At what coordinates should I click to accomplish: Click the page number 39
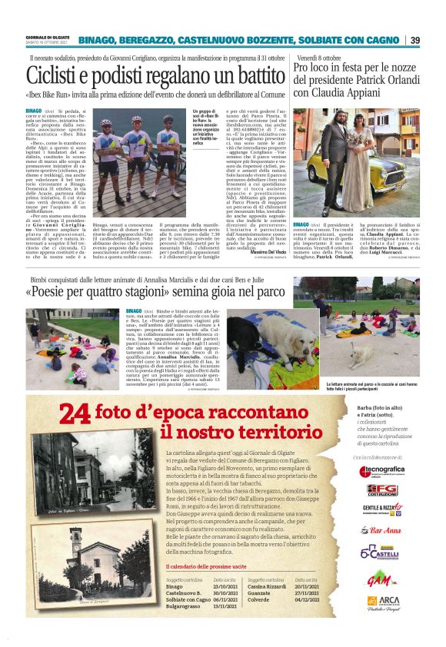coord(414,40)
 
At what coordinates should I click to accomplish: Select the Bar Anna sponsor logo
coord(382,529)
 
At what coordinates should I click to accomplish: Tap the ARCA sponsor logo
coord(382,602)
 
